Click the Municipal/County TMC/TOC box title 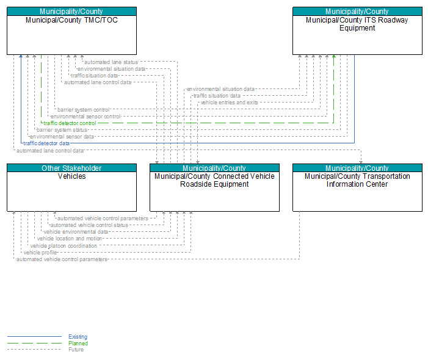(x=72, y=20)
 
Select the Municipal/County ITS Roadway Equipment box (x=357, y=31)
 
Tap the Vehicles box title (x=72, y=176)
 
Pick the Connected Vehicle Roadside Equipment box (x=214, y=187)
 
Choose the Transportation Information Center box (x=357, y=187)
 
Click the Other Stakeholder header (x=71, y=168)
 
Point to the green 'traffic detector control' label (x=70, y=123)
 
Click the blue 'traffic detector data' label (x=46, y=143)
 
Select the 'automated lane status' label (x=111, y=62)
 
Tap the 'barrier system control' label (x=84, y=110)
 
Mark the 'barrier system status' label (x=62, y=130)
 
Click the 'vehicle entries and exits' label (x=230, y=103)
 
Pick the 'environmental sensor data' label (x=62, y=137)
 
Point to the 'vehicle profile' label (x=40, y=253)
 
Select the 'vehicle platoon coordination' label (x=63, y=246)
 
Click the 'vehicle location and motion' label (x=70, y=239)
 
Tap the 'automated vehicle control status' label (x=89, y=225)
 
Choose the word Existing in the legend (x=78, y=337)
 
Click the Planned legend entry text (x=78, y=344)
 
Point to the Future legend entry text (x=76, y=350)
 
